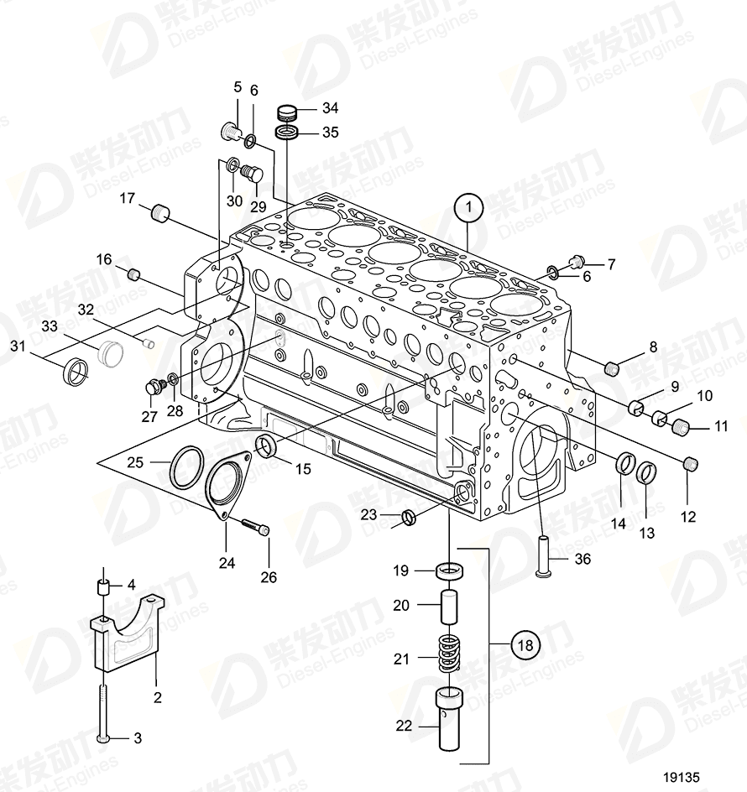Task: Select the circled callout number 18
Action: [x=525, y=645]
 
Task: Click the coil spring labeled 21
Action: [x=452, y=653]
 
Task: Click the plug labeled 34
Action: [x=288, y=110]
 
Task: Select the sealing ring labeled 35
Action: [x=287, y=133]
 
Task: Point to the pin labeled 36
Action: [x=543, y=557]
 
